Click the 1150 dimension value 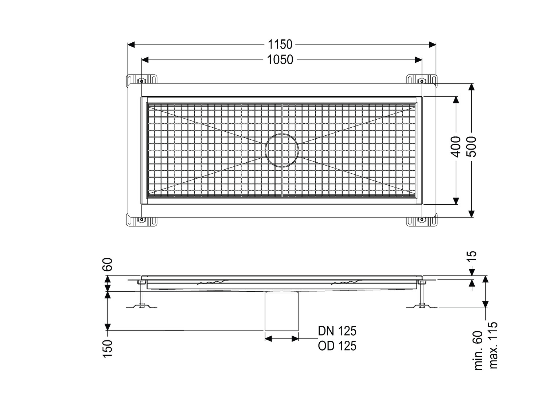point(280,45)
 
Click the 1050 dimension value point(280,60)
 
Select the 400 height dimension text point(456,147)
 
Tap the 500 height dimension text point(471,147)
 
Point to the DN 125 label point(337,331)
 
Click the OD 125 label point(337,346)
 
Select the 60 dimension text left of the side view point(108,264)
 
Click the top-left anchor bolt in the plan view point(141,81)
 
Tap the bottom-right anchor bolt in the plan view point(422,220)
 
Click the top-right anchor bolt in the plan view point(422,81)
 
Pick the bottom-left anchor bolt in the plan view point(141,220)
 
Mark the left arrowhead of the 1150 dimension point(131,45)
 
